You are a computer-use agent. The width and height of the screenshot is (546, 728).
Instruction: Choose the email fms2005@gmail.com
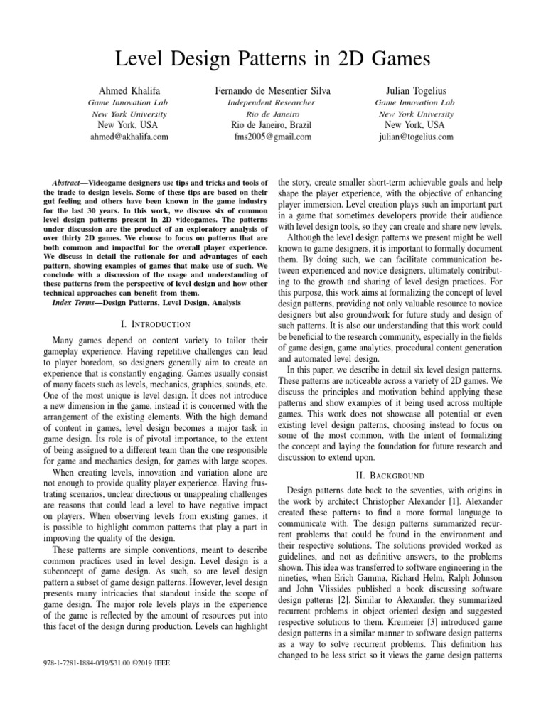272,136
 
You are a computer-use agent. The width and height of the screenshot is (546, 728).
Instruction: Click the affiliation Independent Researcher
272,102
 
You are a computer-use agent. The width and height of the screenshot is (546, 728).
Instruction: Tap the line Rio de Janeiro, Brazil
272,125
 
